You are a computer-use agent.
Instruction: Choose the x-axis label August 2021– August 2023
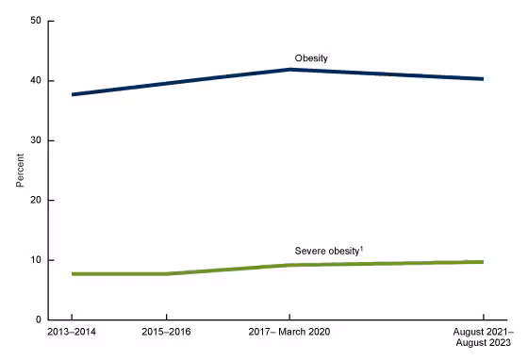(x=483, y=339)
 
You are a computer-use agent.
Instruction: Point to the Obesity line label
(x=310, y=58)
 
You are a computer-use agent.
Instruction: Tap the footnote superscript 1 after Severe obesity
(x=362, y=248)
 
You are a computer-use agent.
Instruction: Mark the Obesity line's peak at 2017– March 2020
(x=289, y=70)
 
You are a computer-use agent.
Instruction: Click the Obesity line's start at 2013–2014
(x=72, y=94)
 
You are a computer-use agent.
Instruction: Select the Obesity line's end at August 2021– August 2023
(x=483, y=79)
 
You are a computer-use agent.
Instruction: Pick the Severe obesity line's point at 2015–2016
(x=167, y=274)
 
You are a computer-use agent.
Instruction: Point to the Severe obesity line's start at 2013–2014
(x=72, y=274)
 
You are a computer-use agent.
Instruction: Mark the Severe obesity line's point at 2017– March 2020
(x=289, y=265)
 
